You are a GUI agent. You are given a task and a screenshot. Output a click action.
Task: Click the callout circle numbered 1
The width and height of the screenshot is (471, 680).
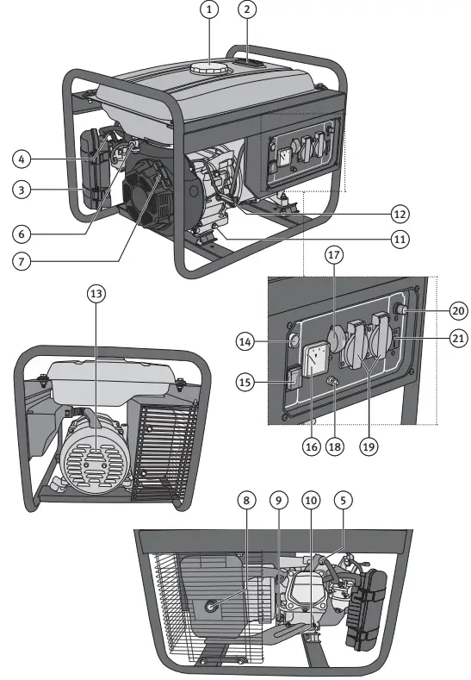point(207,10)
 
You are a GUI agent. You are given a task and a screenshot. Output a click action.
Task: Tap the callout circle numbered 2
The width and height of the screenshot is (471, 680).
point(248,10)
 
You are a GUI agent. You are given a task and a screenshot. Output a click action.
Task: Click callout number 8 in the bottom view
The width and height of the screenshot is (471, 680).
point(248,500)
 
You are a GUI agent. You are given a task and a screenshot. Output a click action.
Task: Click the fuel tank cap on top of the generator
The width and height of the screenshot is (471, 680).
point(207,67)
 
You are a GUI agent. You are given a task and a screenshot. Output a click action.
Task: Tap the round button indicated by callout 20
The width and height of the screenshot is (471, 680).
point(399,309)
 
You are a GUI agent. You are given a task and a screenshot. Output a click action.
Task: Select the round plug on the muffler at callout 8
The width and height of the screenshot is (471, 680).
point(212,608)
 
